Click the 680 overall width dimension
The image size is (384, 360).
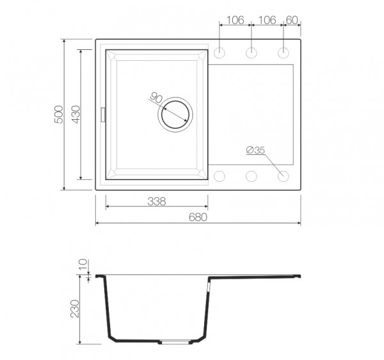click(x=198, y=217)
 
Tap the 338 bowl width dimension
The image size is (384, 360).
click(x=157, y=201)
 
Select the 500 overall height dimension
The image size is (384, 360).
click(x=60, y=115)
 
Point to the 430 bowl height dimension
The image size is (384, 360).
click(x=76, y=115)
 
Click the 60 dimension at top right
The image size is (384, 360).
click(x=292, y=20)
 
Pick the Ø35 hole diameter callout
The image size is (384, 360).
click(x=255, y=150)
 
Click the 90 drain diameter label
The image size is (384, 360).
click(x=156, y=97)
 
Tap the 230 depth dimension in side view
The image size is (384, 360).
click(x=75, y=309)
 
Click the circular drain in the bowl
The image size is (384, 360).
click(x=175, y=115)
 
